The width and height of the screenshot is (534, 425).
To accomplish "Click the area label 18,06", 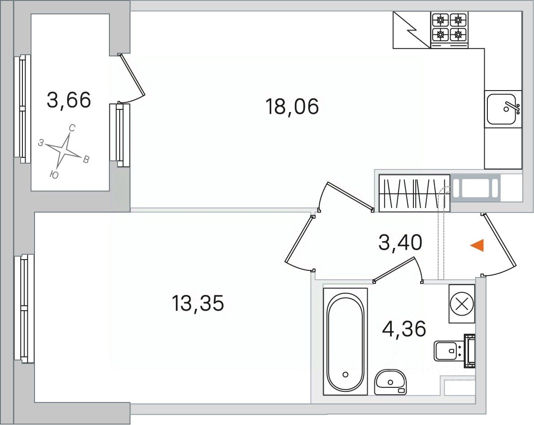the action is tap(292, 106).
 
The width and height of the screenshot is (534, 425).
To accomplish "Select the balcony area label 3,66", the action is tap(69, 100).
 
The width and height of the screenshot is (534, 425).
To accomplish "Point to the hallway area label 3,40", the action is tap(400, 243).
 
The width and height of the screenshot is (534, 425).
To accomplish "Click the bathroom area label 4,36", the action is tap(404, 329).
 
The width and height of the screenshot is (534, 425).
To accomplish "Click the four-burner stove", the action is tap(449, 29).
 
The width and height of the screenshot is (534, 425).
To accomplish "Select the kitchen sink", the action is tap(503, 109).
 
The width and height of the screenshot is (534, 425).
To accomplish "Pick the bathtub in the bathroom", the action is tap(345, 342).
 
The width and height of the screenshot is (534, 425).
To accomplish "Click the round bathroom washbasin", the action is tap(391, 382).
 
